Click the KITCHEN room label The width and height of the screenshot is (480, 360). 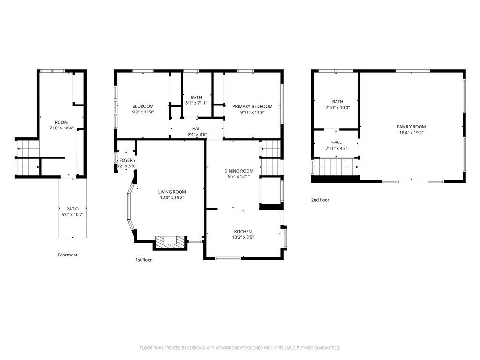[243, 232]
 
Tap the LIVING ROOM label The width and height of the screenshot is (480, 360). [172, 192]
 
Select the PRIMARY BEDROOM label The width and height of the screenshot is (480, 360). [253, 106]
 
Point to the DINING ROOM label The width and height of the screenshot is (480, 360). [239, 171]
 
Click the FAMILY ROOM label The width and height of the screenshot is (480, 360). [412, 127]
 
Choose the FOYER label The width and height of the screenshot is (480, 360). [126, 160]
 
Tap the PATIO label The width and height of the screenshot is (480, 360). [73, 209]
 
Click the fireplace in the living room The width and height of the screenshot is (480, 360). [170, 242]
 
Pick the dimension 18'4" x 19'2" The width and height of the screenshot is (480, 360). [412, 133]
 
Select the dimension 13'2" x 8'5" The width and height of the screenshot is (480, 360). [243, 237]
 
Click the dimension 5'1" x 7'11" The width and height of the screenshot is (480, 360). [196, 103]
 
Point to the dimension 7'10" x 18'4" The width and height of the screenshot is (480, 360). [61, 128]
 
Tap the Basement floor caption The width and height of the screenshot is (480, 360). [67, 255]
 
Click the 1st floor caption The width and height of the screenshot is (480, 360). [144, 260]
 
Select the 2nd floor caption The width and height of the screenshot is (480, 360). [320, 200]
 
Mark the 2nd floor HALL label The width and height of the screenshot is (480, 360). [337, 142]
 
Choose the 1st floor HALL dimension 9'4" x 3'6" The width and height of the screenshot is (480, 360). [197, 135]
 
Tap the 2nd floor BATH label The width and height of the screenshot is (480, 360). [337, 102]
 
